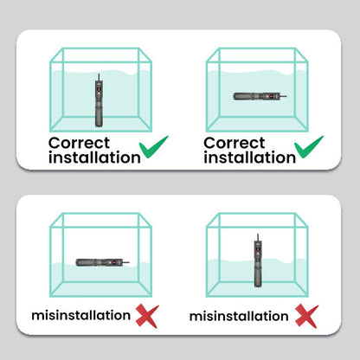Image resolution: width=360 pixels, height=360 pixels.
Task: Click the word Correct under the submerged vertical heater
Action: (x=80, y=141)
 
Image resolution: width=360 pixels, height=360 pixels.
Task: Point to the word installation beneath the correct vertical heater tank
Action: (x=94, y=157)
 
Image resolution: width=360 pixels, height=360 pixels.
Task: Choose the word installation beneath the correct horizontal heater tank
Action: (x=249, y=157)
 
